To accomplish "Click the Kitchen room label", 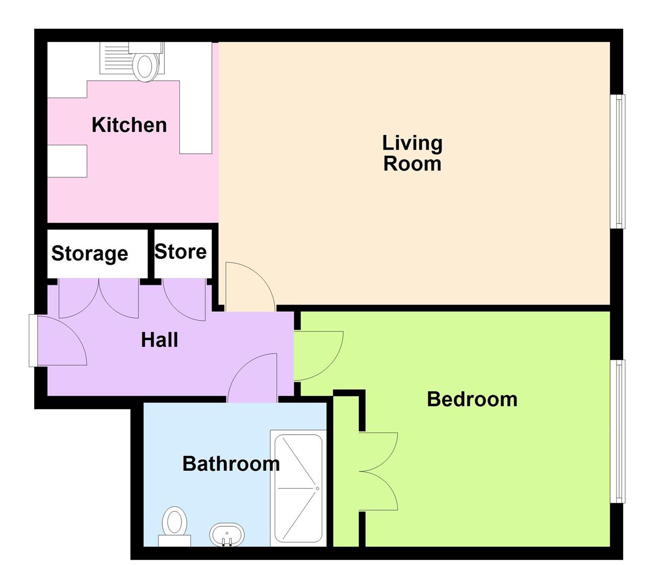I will click(x=129, y=125).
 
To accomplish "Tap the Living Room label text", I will click(x=412, y=153).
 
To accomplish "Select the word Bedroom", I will click(x=472, y=399).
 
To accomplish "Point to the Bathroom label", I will click(x=231, y=464).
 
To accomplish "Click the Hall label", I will click(x=160, y=340).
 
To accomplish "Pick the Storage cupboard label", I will click(x=89, y=254).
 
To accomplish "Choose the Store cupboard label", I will click(x=181, y=252).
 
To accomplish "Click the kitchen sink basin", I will click(x=145, y=66).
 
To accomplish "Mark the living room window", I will click(x=618, y=161).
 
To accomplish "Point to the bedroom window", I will click(x=618, y=431).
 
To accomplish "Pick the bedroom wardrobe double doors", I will click(x=378, y=471).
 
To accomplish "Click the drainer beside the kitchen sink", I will click(x=115, y=58).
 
